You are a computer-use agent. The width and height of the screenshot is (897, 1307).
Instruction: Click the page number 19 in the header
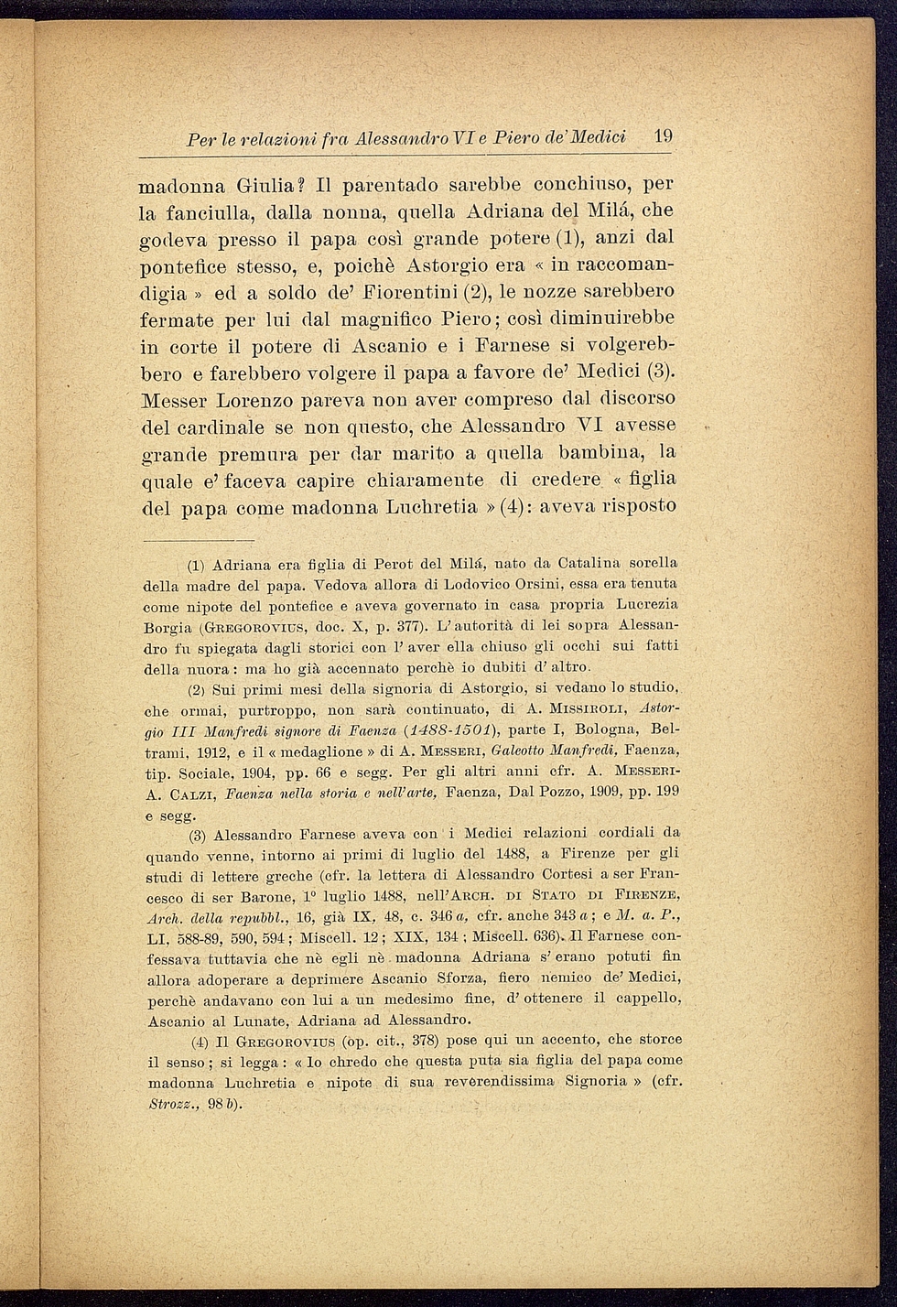[x=664, y=136]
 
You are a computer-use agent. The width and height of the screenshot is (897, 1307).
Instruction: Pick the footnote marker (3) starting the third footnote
[x=199, y=835]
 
